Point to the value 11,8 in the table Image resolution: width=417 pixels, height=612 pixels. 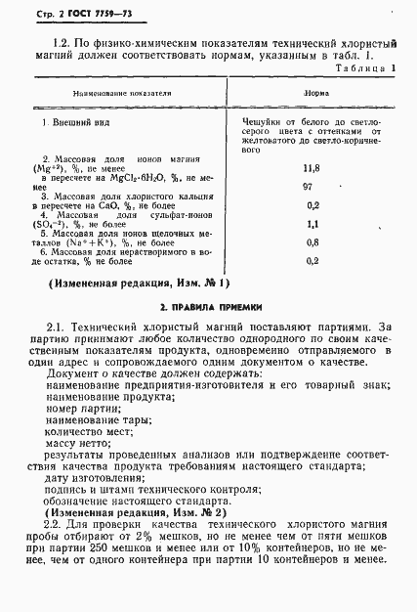coord(313,168)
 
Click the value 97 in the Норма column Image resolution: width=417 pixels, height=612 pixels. coord(313,186)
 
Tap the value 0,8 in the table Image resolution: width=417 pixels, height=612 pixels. coord(313,243)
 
